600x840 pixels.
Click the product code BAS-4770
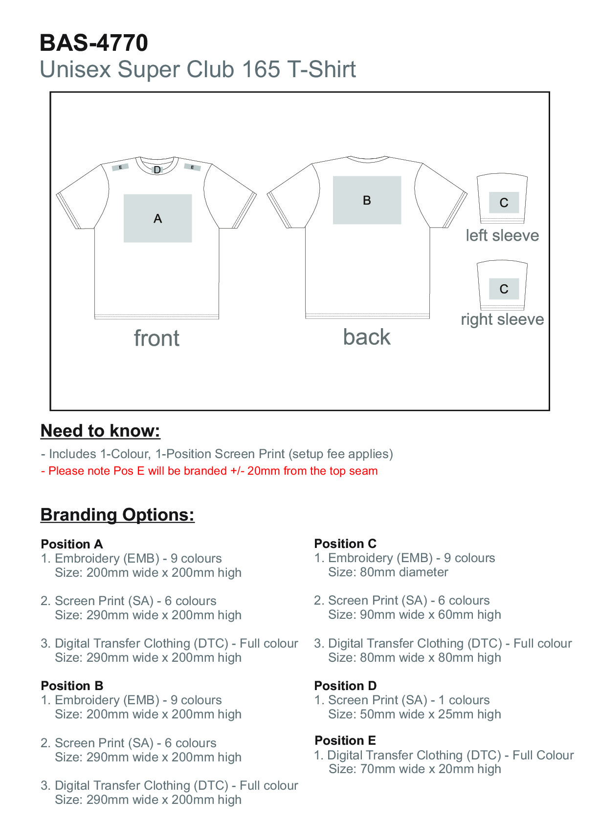[x=93, y=43]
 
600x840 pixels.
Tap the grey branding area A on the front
[x=157, y=218]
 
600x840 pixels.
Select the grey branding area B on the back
[x=367, y=200]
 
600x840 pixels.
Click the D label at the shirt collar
[x=157, y=170]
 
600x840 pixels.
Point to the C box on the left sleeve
[x=504, y=203]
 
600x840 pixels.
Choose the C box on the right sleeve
[x=504, y=289]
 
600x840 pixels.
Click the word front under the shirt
[x=156, y=338]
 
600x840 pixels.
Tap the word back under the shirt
[x=367, y=337]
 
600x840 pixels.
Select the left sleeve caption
[x=502, y=235]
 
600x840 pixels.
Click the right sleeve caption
[x=502, y=319]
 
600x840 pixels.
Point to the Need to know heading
[x=100, y=431]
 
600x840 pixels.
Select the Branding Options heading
[x=117, y=515]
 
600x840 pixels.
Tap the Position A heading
[x=72, y=544]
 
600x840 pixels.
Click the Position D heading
[x=345, y=686]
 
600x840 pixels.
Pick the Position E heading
[x=345, y=740]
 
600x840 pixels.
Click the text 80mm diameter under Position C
[x=388, y=572]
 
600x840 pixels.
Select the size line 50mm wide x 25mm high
[x=415, y=714]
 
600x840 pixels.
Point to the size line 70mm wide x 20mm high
[x=415, y=769]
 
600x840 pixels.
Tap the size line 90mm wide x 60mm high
[x=415, y=614]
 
